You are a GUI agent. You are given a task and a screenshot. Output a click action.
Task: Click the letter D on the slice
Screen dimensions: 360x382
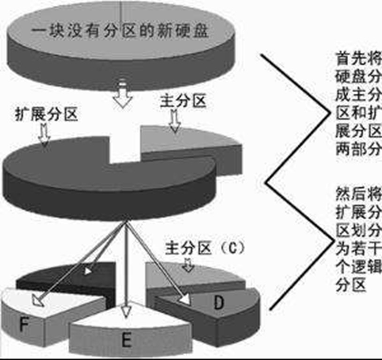(218, 303)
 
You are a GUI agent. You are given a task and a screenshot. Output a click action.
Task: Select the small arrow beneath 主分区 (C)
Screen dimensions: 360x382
(188, 265)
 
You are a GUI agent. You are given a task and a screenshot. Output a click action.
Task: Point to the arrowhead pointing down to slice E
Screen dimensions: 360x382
(125, 311)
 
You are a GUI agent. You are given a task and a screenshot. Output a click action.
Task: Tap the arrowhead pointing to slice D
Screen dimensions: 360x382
(185, 298)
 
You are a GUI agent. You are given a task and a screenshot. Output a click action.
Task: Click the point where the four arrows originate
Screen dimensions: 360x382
(125, 223)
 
